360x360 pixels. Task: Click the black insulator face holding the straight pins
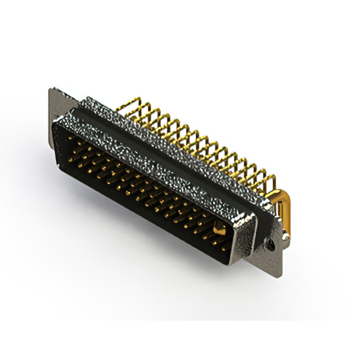coord(141,186)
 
